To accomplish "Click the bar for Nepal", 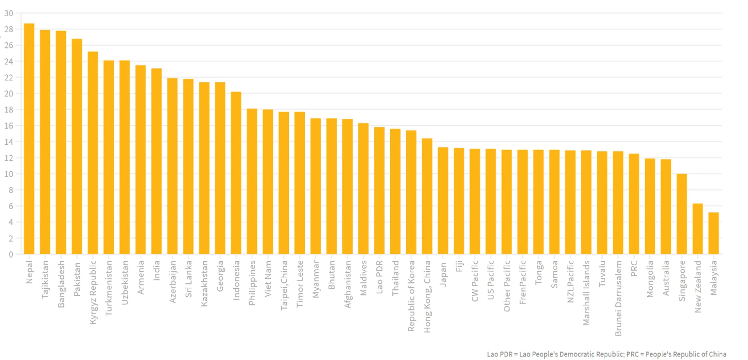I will (29, 138).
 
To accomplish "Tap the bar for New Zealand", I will (697, 229).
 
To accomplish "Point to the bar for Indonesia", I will (236, 173).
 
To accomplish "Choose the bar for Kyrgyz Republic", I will (93, 153).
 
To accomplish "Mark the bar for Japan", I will (443, 201).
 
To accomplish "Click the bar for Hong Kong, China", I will (427, 196).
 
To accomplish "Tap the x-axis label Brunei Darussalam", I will (618, 298).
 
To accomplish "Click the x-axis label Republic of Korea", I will (411, 296).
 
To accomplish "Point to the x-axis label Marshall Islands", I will (586, 293).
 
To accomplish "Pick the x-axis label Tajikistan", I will (45, 279).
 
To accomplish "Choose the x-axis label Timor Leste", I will (300, 284).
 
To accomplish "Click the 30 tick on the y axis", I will (9, 13).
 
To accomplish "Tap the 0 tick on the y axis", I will (11, 254).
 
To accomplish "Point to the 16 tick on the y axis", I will (9, 126).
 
